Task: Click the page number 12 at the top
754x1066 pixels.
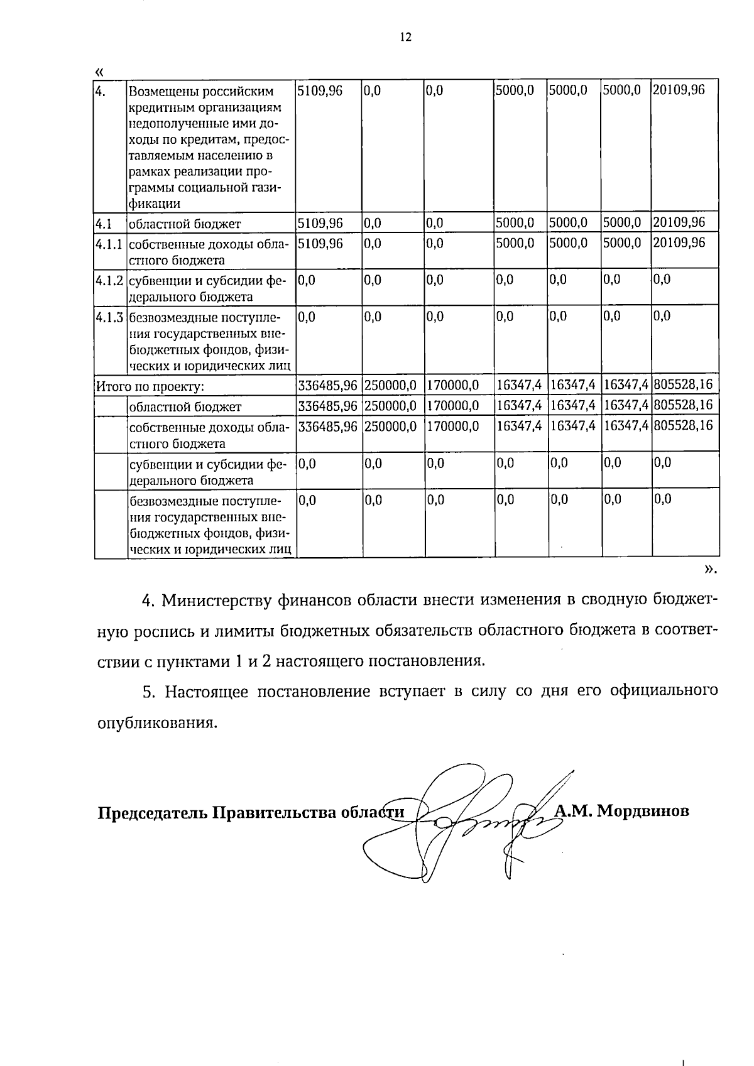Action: point(405,37)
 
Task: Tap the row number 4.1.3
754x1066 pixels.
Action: point(109,317)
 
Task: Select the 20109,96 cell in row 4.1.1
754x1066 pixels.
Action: point(679,243)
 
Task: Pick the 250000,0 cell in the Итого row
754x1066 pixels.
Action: point(390,384)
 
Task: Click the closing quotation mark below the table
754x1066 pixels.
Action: point(710,570)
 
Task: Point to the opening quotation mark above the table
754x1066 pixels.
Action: point(99,70)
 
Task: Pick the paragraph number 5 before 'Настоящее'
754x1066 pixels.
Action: point(148,692)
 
